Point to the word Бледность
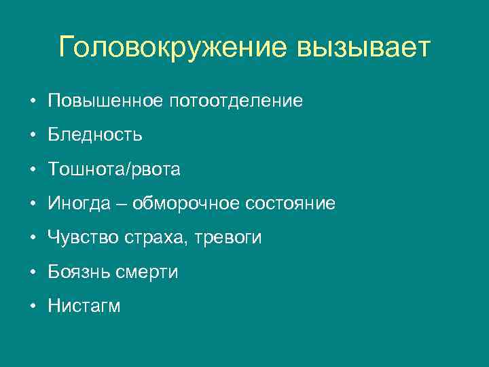click(x=95, y=135)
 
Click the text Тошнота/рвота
click(x=114, y=169)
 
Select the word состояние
click(x=293, y=204)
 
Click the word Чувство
click(x=81, y=238)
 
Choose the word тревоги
click(x=228, y=238)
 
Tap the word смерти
click(x=150, y=272)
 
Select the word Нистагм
click(x=84, y=307)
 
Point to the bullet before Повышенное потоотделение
click(x=32, y=102)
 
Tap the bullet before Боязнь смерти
click(x=32, y=273)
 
